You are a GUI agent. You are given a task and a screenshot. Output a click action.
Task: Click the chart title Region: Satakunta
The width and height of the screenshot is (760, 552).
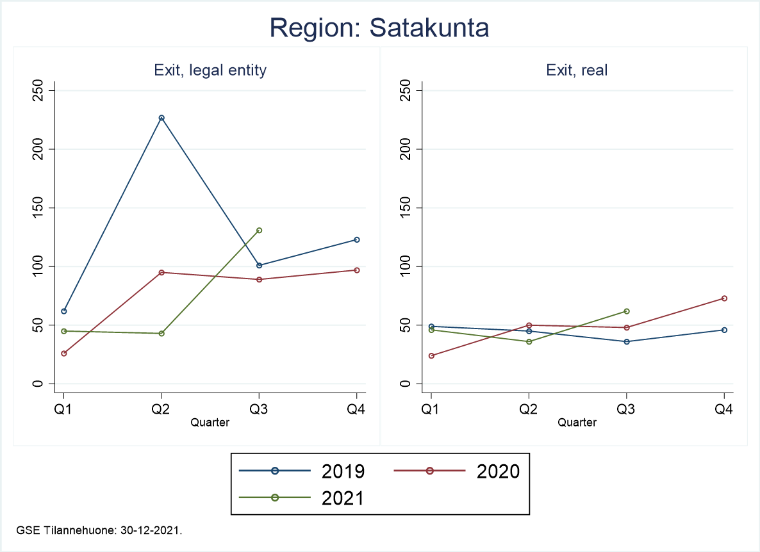coord(379,28)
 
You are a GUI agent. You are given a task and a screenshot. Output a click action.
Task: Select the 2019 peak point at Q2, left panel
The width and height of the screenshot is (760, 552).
coord(161,118)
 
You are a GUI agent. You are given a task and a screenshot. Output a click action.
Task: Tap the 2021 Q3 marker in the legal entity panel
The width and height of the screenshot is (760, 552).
coord(259,230)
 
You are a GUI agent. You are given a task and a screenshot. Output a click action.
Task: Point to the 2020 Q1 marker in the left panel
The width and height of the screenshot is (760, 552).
coord(64,353)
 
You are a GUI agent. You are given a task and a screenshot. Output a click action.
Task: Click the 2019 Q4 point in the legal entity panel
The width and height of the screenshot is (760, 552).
coord(357,239)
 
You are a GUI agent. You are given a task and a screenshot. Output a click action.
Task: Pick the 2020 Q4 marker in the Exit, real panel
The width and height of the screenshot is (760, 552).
coord(724,298)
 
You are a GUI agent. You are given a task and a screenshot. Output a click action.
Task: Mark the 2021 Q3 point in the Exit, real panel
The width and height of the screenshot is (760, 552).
coord(626,311)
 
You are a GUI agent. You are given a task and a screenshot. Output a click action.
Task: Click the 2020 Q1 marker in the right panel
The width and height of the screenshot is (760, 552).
coord(431,355)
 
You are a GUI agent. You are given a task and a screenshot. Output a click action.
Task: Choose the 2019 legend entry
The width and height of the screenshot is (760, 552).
coord(302,471)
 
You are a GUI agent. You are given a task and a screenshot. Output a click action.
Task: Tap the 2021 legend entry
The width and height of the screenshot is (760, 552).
coord(302,498)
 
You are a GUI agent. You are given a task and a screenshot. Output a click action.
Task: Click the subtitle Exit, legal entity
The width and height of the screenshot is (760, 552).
coord(210,70)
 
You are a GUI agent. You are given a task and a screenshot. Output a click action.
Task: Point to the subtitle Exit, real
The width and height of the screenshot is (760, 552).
coord(577,70)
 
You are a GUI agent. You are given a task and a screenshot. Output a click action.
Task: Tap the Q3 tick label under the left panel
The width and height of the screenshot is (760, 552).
coord(259,410)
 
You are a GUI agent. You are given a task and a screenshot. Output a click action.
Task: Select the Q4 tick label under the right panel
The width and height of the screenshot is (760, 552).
coord(724,410)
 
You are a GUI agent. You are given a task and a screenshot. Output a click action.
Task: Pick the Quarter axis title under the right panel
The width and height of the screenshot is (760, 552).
coord(577,423)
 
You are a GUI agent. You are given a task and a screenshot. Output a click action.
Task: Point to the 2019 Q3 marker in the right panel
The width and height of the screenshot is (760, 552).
coord(626,341)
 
